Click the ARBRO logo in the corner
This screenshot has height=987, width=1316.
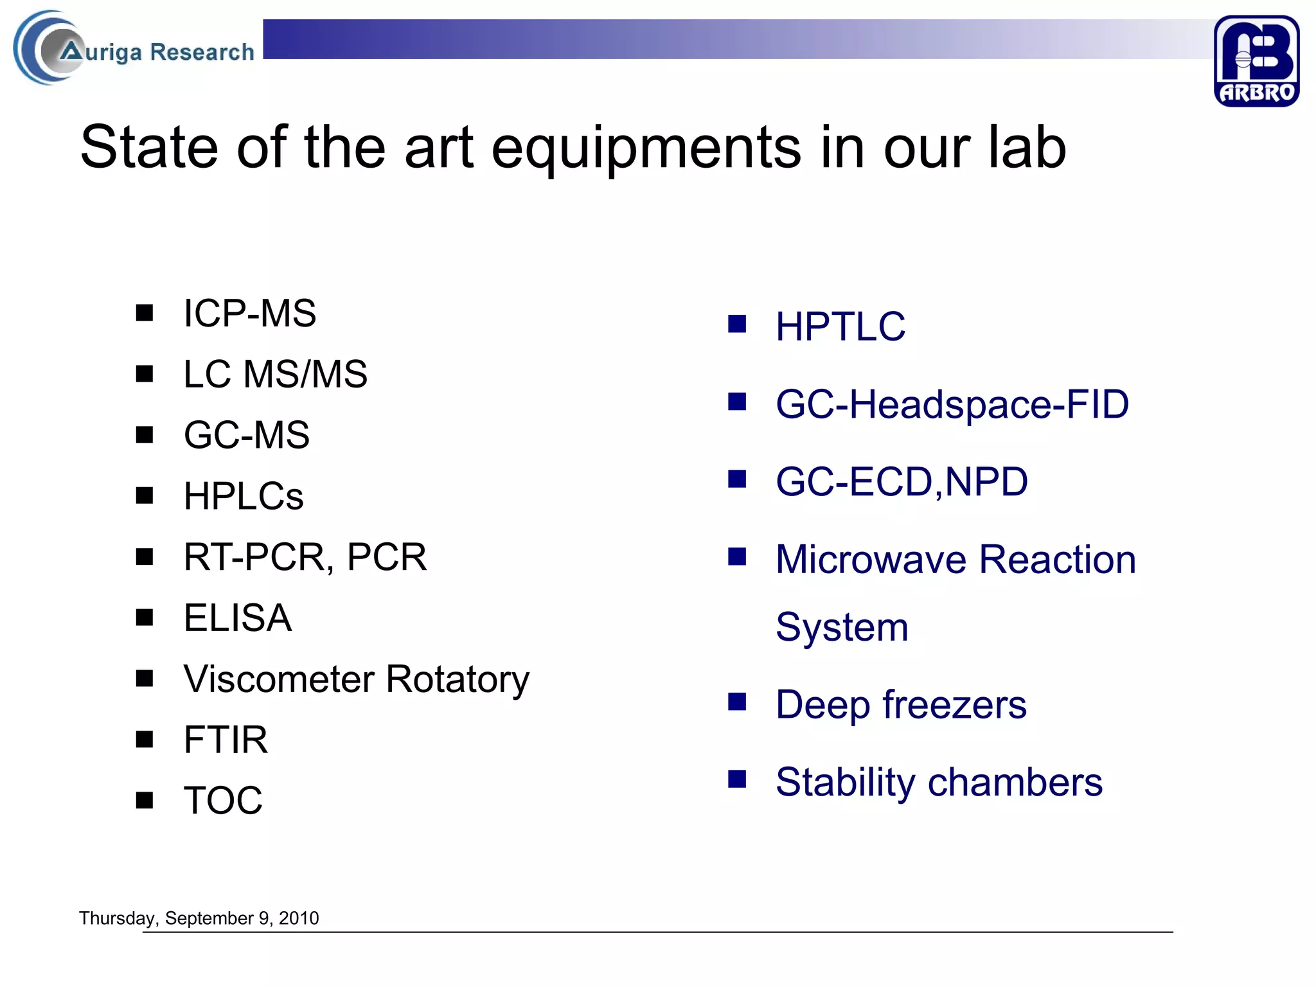[1256, 61]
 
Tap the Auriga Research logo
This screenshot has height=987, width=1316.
[135, 49]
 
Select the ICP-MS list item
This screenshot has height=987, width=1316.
[249, 314]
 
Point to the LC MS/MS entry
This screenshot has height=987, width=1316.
[275, 374]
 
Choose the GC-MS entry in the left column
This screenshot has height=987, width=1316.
[247, 435]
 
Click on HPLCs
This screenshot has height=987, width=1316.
[244, 496]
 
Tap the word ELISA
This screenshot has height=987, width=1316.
[238, 618]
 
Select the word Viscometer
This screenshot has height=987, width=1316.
[280, 679]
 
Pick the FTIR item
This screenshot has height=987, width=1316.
[226, 740]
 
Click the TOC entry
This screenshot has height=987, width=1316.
[223, 801]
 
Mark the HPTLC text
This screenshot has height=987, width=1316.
[840, 326]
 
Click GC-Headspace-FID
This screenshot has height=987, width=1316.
[952, 404]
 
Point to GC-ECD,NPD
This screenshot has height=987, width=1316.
[902, 482]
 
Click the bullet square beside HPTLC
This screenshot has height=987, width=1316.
[737, 324]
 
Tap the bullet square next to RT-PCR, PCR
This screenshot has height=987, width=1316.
[145, 556]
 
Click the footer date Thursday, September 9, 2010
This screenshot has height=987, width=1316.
[199, 918]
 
